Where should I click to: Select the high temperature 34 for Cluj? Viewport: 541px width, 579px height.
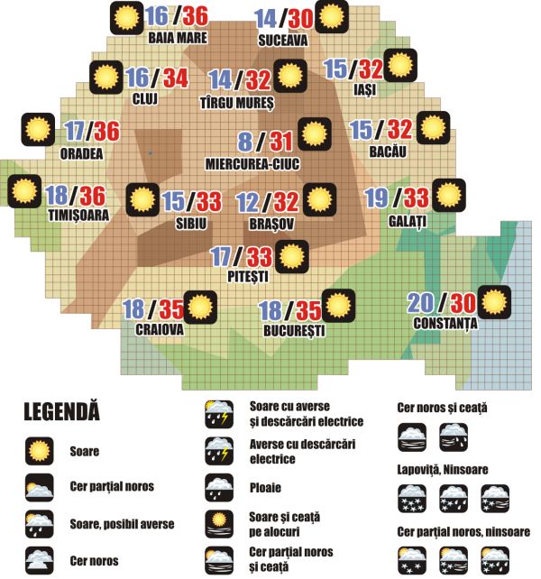pos(176,78)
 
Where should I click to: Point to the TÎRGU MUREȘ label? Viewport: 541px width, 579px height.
pos(236,103)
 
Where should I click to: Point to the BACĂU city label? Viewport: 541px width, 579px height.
pos(389,151)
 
